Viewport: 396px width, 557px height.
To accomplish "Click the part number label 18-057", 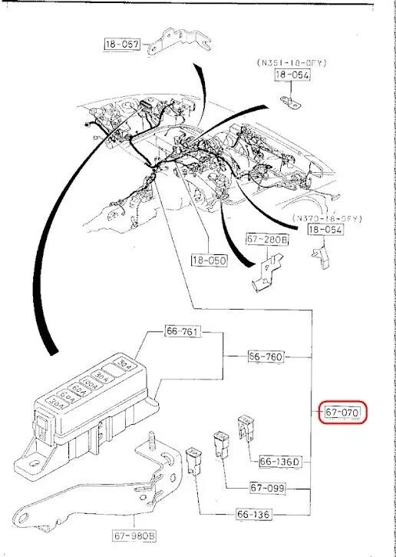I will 123,45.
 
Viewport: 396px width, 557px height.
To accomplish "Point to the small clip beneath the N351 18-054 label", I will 292,101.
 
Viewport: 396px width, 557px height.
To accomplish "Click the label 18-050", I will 210,261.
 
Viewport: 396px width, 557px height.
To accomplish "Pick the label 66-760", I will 266,356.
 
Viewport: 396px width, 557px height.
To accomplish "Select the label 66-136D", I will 279,462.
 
